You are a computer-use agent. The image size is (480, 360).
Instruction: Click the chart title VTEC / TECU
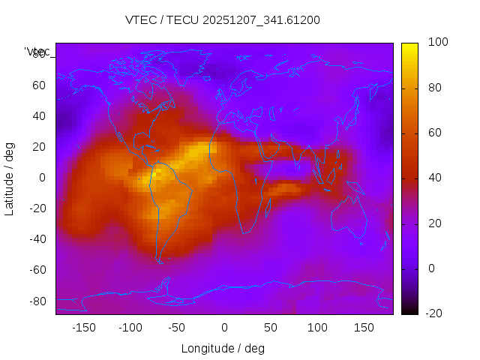(223, 20)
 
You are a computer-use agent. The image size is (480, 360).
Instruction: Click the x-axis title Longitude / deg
(223, 348)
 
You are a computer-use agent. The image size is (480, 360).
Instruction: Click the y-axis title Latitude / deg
(10, 178)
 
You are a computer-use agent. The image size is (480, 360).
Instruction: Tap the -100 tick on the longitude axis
(130, 327)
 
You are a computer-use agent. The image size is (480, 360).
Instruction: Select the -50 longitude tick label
(177, 327)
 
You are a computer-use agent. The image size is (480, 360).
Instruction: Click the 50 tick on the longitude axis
(271, 327)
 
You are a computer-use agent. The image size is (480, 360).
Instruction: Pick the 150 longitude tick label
(364, 327)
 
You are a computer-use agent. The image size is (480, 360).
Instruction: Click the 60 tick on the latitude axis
(38, 85)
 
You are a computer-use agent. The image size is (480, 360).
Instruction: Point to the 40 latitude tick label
(38, 115)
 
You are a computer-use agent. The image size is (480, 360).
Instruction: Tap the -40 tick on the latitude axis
(35, 239)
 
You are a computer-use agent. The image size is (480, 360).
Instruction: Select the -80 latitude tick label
(35, 301)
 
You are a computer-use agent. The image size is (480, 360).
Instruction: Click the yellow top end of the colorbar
(409, 46)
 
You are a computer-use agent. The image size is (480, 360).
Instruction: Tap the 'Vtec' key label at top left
(37, 51)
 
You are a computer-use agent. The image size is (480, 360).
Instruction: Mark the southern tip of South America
(159, 260)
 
